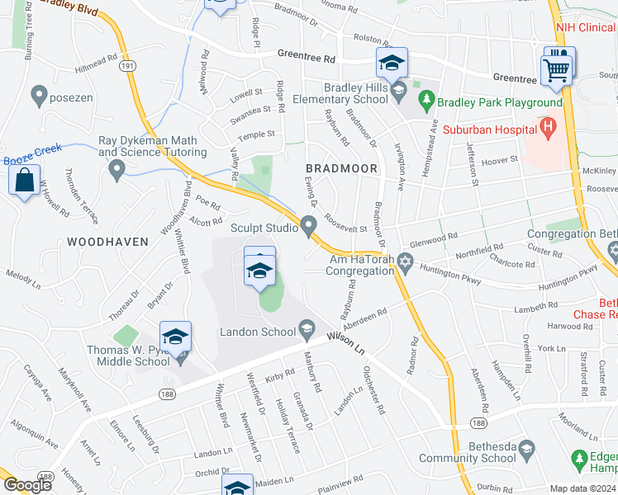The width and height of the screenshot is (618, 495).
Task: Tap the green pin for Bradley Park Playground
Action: (x=426, y=101)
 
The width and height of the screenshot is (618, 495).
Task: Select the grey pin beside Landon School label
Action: (x=307, y=331)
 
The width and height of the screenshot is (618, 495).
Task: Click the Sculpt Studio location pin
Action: (x=309, y=225)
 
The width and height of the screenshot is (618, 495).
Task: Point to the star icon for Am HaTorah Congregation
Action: (x=404, y=262)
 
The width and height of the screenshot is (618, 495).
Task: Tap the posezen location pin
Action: (x=38, y=96)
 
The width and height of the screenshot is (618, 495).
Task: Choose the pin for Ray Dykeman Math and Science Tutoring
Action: (x=116, y=171)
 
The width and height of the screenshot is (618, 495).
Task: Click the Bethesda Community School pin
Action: (x=526, y=450)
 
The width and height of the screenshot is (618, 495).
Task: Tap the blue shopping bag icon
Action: (x=25, y=180)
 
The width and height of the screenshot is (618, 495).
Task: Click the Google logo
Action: (x=27, y=485)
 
